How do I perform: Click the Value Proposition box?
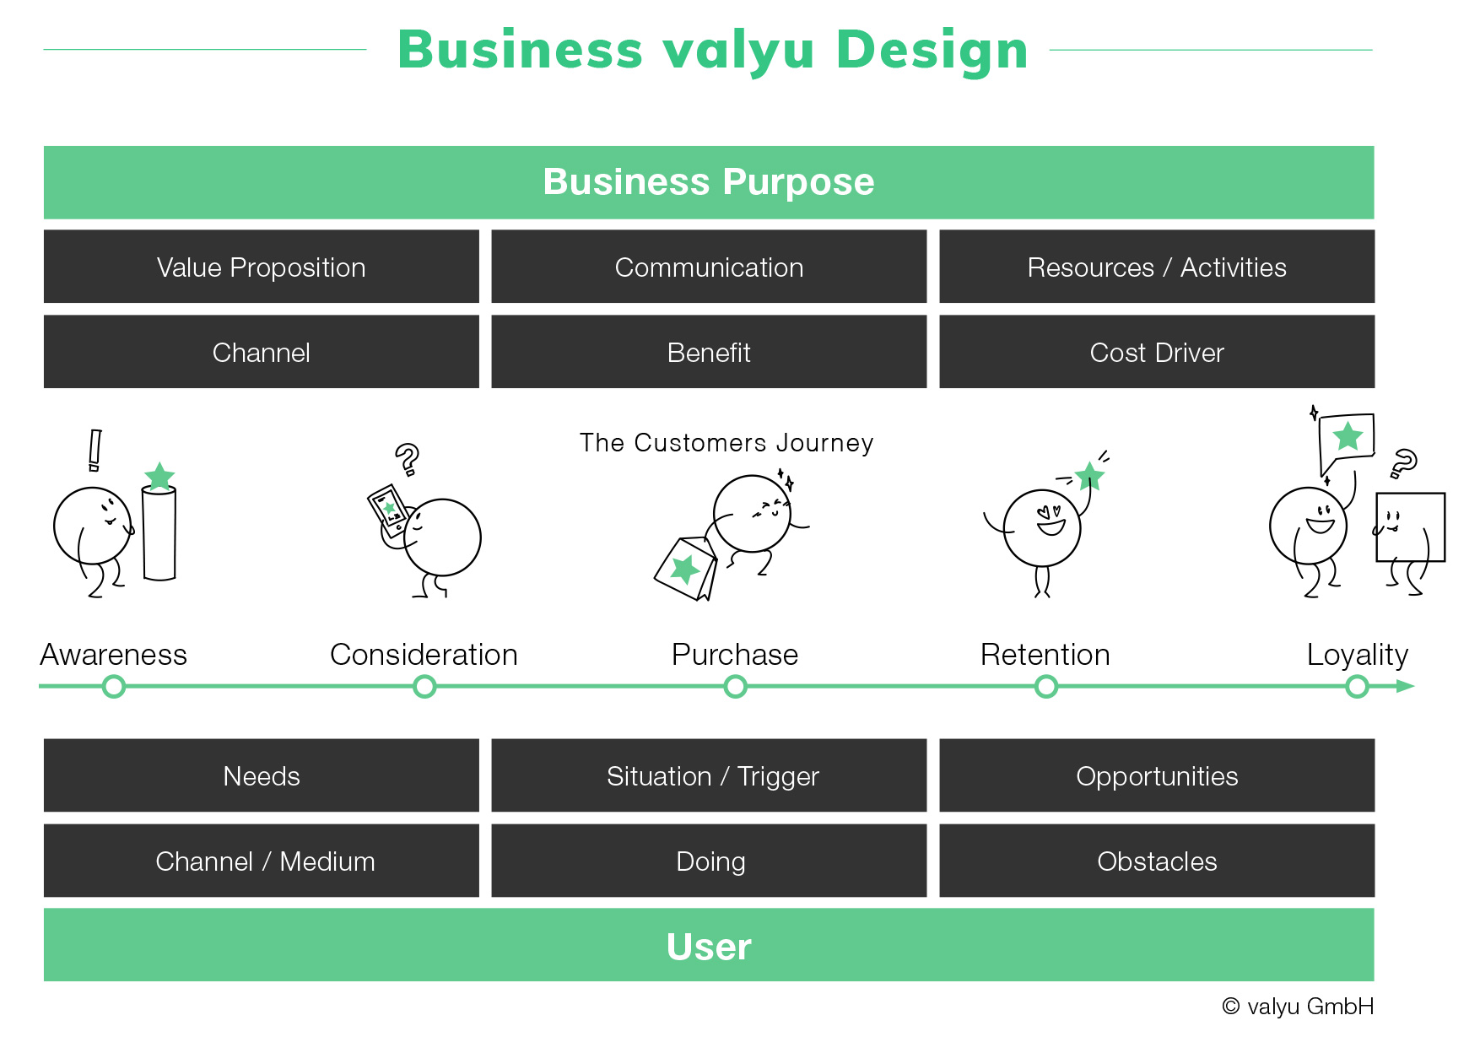[x=262, y=267]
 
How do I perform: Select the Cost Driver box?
[x=1157, y=352]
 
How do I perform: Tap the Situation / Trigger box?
[x=709, y=775]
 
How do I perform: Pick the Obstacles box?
[x=1157, y=861]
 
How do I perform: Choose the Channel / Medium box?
[x=262, y=861]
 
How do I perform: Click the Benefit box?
[x=709, y=352]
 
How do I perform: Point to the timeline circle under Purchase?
[x=736, y=687]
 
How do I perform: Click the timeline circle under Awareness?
[x=114, y=687]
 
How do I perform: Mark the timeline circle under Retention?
[x=1046, y=687]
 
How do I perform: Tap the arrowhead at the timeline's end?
[x=1406, y=687]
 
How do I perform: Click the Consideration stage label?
[x=424, y=655]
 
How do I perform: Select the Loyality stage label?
[x=1358, y=656]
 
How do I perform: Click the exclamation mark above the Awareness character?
[x=95, y=451]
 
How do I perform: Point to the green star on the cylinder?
[x=159, y=476]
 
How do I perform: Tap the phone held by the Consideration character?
[x=388, y=510]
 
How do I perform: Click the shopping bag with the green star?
[x=685, y=569]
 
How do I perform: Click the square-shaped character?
[x=1410, y=527]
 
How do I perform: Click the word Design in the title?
[x=932, y=51]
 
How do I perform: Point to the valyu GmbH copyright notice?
[x=1298, y=1006]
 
